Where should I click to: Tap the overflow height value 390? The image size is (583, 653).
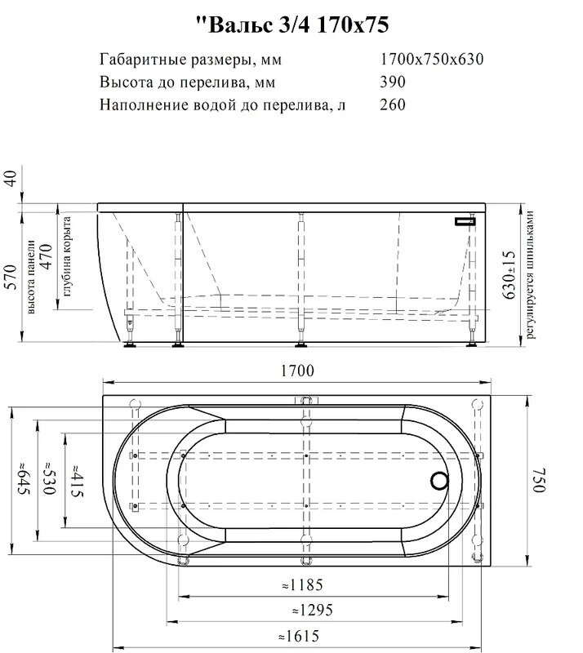[x=393, y=82]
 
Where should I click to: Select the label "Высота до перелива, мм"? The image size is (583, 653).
[x=187, y=82]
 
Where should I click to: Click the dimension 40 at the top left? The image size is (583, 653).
[x=11, y=179]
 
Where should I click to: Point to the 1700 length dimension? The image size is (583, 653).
[x=296, y=371]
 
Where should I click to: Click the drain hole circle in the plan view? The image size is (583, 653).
[x=439, y=482]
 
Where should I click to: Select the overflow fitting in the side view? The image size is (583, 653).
[x=466, y=220]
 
